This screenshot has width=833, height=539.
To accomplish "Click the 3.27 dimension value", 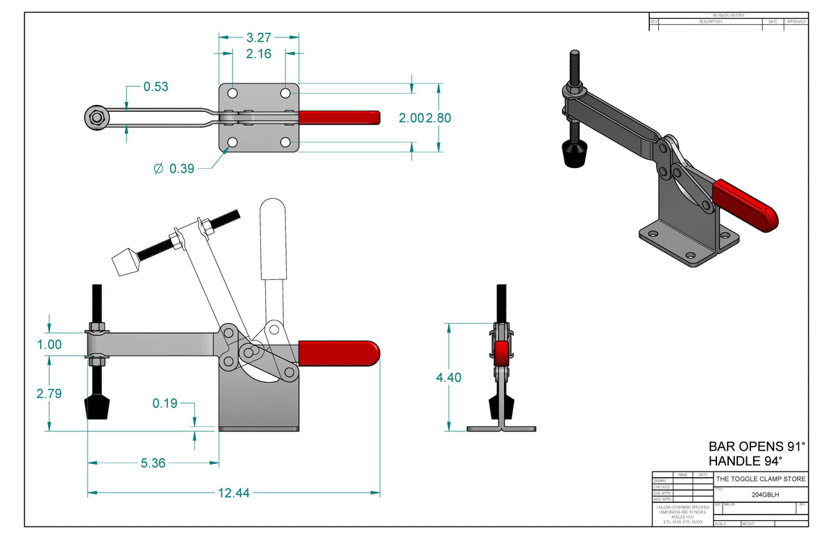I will tap(259, 38).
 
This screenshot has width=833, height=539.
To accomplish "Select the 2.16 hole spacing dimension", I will tap(259, 53).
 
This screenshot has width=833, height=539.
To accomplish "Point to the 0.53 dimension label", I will tap(155, 87).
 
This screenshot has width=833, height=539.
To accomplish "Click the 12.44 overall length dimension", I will tap(233, 492).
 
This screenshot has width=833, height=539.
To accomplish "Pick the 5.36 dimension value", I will tap(153, 463).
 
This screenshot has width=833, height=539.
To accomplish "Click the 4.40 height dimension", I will tap(448, 377).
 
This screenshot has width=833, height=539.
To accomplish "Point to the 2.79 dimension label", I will tap(49, 393).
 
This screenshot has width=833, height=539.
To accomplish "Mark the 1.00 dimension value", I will tap(49, 344).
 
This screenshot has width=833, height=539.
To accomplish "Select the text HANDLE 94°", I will tap(745, 461).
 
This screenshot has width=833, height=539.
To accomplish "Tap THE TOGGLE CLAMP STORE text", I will tap(761, 479).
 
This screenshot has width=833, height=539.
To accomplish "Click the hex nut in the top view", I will tap(95, 117).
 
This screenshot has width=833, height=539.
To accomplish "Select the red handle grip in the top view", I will tap(339, 117).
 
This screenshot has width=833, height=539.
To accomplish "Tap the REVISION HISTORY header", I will tap(728, 15).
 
